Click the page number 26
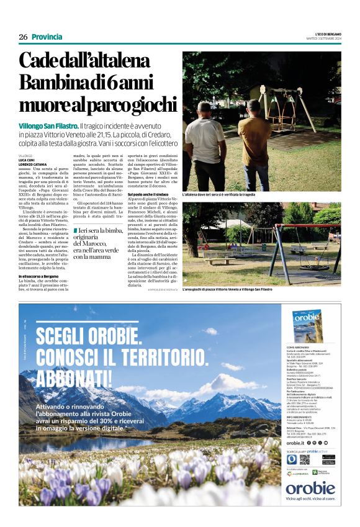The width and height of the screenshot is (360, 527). coord(23,37)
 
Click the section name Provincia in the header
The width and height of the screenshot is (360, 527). coord(47,37)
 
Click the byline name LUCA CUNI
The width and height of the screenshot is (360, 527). coord(27,160)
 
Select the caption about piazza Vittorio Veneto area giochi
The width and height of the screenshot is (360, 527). coord(227,290)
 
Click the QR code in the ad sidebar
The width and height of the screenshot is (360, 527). coord(304,459)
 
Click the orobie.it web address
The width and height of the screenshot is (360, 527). coord(295,443)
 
